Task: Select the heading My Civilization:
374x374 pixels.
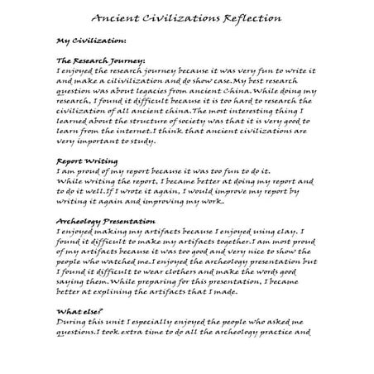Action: coord(91,40)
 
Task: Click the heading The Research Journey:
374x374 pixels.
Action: coord(101,61)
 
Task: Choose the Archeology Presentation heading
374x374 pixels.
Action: coord(106,223)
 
